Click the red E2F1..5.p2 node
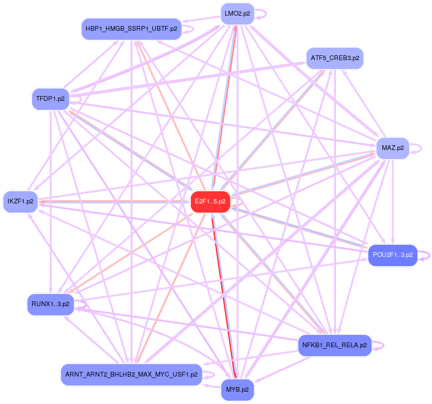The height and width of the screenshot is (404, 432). [x=210, y=202]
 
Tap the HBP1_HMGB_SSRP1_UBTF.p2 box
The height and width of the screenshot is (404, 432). [x=132, y=29]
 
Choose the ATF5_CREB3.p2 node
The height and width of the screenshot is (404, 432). [x=335, y=58]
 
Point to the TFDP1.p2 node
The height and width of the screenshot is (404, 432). [x=51, y=99]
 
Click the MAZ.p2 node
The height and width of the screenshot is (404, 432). [x=393, y=148]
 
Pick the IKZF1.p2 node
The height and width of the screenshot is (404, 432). [x=20, y=202]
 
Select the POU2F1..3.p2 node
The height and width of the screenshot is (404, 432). [x=393, y=255]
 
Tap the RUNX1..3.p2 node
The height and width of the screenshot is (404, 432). [x=51, y=304]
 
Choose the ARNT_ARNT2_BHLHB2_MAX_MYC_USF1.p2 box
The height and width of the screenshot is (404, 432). [x=132, y=375]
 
